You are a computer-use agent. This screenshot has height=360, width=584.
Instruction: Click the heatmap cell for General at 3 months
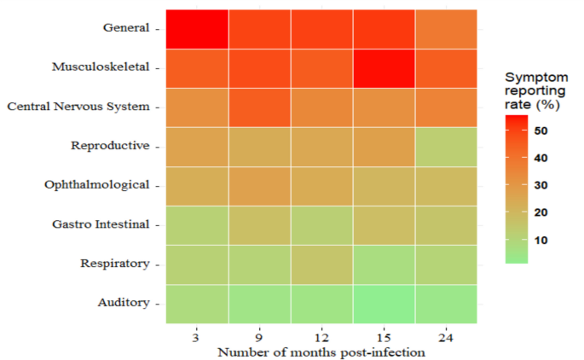pyautogui.click(x=196, y=28)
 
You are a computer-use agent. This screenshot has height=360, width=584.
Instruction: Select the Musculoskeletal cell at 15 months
pyautogui.click(x=384, y=67)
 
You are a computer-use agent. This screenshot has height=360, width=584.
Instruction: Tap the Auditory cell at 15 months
pyautogui.click(x=384, y=303)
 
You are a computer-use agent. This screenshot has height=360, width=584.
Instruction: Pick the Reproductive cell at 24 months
pyautogui.click(x=446, y=146)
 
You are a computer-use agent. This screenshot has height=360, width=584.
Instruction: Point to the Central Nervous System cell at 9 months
pyautogui.click(x=259, y=107)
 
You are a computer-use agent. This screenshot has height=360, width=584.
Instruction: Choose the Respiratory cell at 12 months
pyautogui.click(x=321, y=264)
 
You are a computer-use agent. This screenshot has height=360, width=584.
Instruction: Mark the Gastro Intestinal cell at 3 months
pyautogui.click(x=196, y=224)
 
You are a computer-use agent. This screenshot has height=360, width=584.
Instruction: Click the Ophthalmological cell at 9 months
pyautogui.click(x=259, y=185)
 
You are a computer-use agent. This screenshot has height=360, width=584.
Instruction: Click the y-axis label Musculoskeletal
pyautogui.click(x=100, y=67)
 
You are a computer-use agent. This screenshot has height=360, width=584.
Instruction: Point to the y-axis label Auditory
pyautogui.click(x=124, y=303)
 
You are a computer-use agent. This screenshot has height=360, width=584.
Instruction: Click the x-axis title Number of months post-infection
pyautogui.click(x=321, y=352)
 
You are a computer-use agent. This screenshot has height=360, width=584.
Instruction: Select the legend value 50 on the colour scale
pyautogui.click(x=541, y=131)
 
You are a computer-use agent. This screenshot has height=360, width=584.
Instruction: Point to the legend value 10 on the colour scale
pyautogui.click(x=541, y=240)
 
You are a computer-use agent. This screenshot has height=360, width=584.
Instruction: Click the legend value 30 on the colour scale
pyautogui.click(x=541, y=185)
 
